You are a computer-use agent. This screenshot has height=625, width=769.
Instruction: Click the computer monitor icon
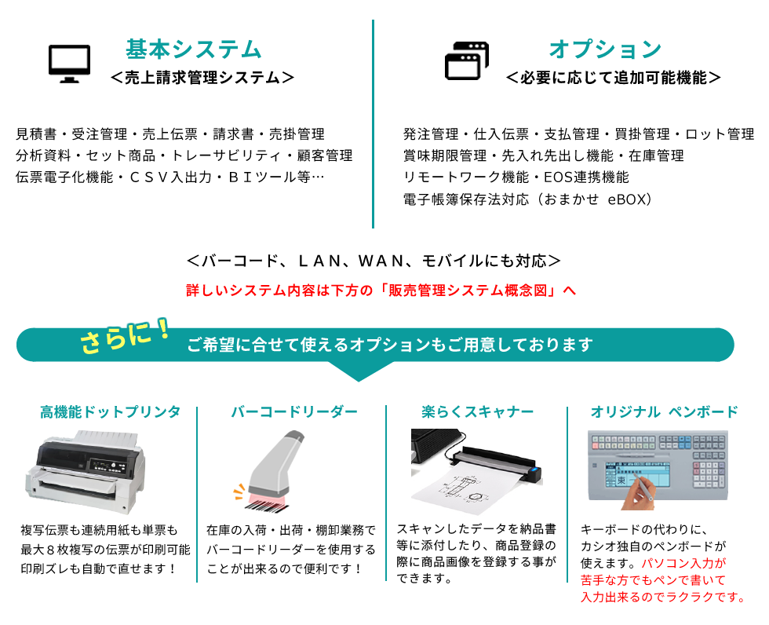click(x=69, y=64)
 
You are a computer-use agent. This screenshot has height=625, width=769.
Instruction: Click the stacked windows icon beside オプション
click(x=467, y=60)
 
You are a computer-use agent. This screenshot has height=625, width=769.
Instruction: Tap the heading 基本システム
click(x=194, y=49)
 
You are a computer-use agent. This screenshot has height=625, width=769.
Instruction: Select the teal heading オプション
click(x=605, y=49)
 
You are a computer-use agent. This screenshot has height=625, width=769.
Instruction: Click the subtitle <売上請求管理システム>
click(x=202, y=78)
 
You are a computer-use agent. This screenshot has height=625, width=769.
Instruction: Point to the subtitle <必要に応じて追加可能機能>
click(x=613, y=78)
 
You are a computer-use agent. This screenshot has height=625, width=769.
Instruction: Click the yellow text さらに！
click(x=126, y=337)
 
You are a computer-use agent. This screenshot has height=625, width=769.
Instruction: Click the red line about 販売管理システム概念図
click(x=381, y=291)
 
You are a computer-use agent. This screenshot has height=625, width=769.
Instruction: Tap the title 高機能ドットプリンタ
click(x=111, y=411)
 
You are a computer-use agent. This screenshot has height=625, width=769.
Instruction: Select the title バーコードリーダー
click(x=294, y=411)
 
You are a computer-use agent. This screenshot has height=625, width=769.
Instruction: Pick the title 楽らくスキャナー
click(x=477, y=411)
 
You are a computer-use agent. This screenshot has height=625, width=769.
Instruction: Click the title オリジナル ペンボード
click(x=664, y=411)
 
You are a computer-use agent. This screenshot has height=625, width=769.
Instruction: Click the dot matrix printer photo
click(x=86, y=471)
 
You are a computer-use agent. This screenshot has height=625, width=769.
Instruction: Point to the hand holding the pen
click(x=636, y=493)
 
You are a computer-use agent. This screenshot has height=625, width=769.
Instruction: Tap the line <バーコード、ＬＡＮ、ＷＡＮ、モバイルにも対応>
click(x=374, y=261)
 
